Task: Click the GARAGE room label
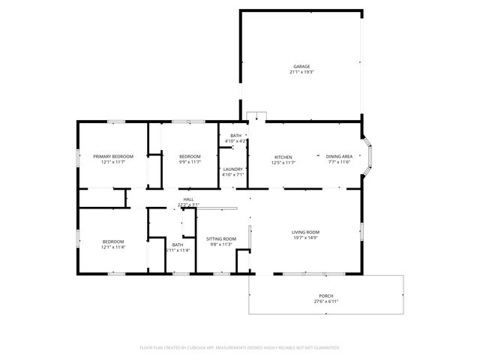click(301, 66)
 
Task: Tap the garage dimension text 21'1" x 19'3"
click(301, 72)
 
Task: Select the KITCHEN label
click(283, 157)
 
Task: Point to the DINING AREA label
click(339, 157)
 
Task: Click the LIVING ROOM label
click(306, 232)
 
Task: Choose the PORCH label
click(326, 295)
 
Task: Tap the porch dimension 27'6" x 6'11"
click(326, 301)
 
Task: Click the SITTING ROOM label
click(220, 238)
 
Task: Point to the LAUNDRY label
click(232, 169)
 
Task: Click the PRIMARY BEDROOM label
click(113, 156)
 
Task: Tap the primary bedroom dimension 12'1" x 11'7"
click(113, 162)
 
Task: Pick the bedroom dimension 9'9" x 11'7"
click(190, 162)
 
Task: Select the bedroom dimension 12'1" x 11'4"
click(113, 247)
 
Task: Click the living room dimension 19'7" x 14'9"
click(306, 238)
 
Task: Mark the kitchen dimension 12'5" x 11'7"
click(283, 163)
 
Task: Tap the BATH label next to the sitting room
click(178, 244)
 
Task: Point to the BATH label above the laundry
click(235, 135)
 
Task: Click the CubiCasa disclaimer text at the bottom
click(240, 347)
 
